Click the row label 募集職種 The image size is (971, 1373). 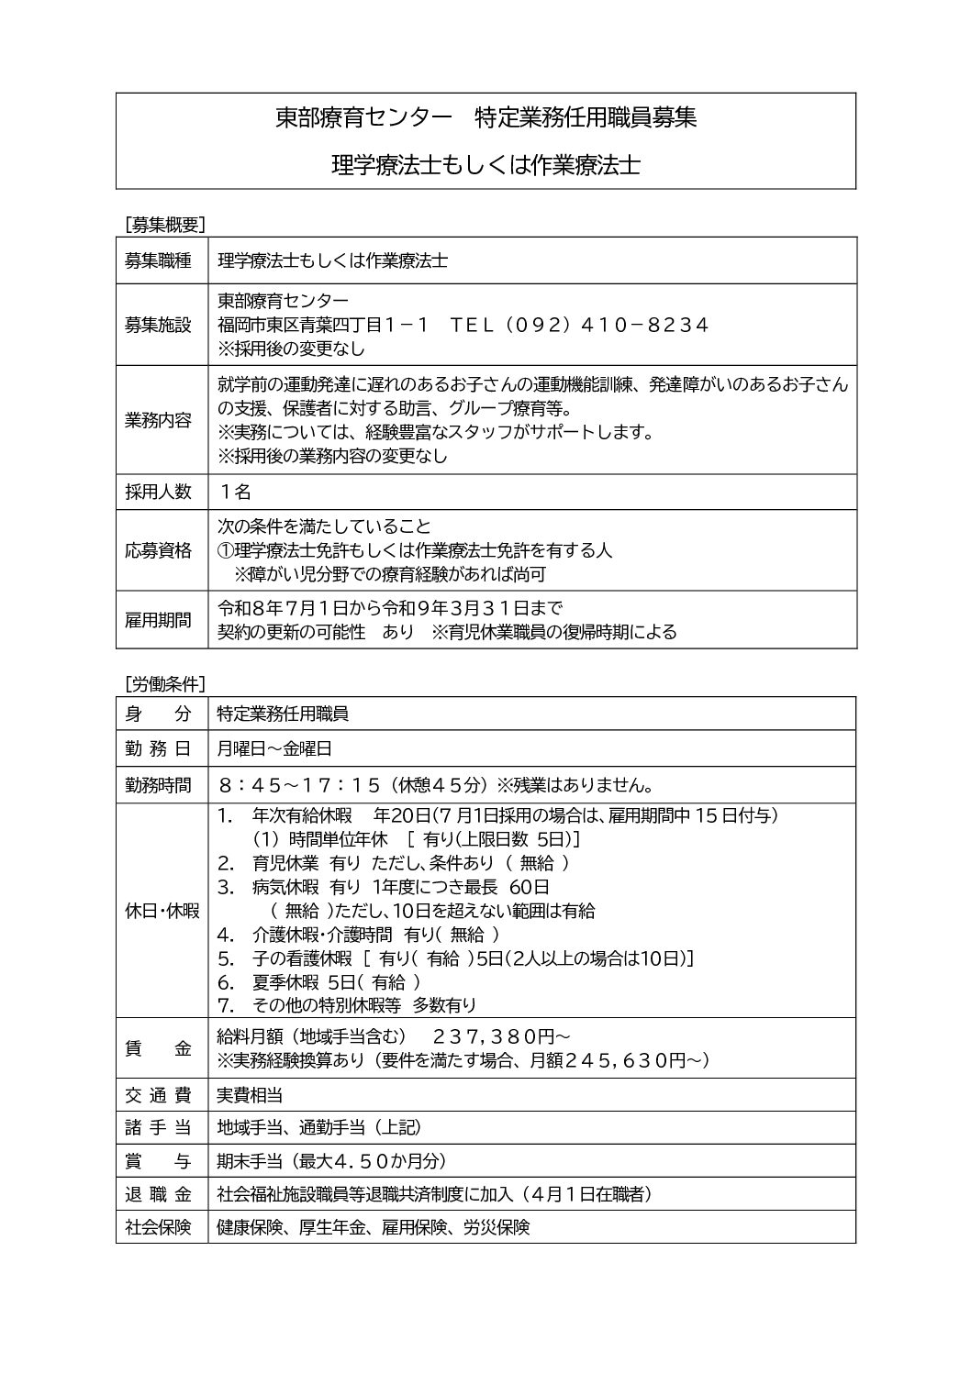158,260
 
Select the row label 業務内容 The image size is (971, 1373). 158,421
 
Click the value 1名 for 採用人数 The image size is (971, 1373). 235,492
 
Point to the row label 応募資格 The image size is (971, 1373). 158,550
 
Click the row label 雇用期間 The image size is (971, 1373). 158,620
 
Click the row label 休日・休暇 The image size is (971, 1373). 162,911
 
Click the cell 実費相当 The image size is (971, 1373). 249,1095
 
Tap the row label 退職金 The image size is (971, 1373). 158,1194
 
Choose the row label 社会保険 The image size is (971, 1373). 158,1227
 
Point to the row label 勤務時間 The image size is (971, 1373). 158,785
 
